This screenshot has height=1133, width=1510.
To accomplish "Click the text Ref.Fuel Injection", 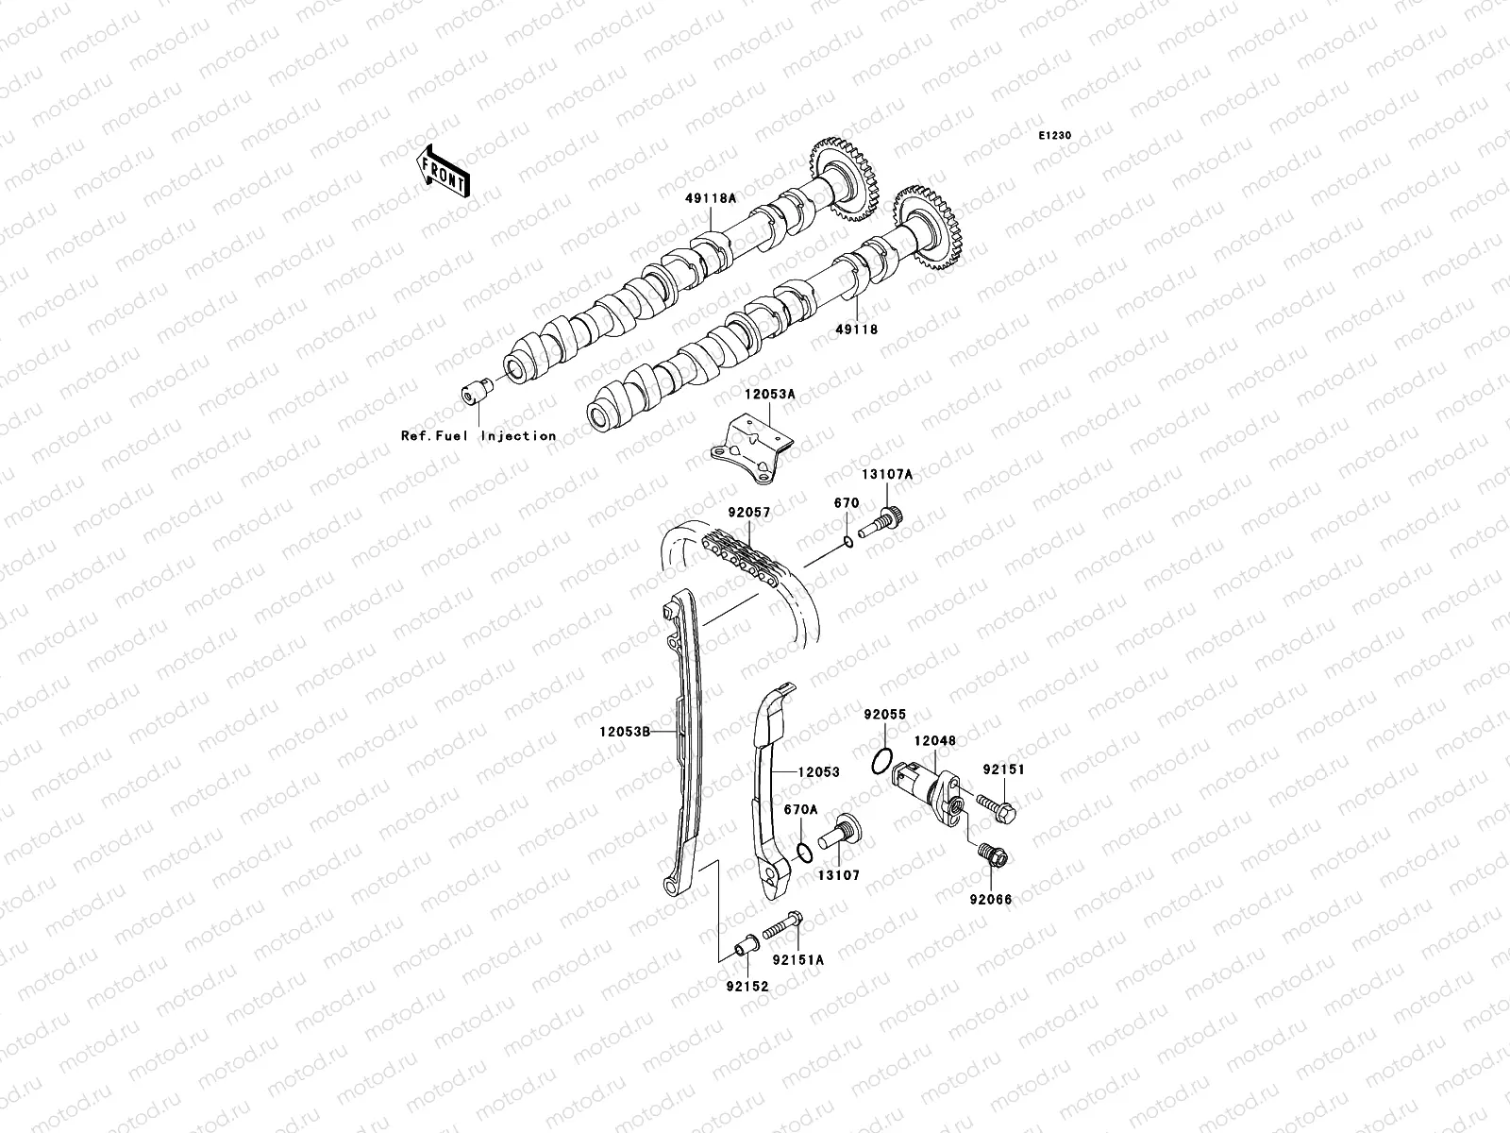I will [x=478, y=435].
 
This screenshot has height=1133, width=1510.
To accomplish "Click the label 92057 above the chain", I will [x=748, y=514].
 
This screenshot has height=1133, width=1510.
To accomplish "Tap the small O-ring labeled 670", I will [x=847, y=541].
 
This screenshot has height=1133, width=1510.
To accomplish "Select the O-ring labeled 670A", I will [x=801, y=853].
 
